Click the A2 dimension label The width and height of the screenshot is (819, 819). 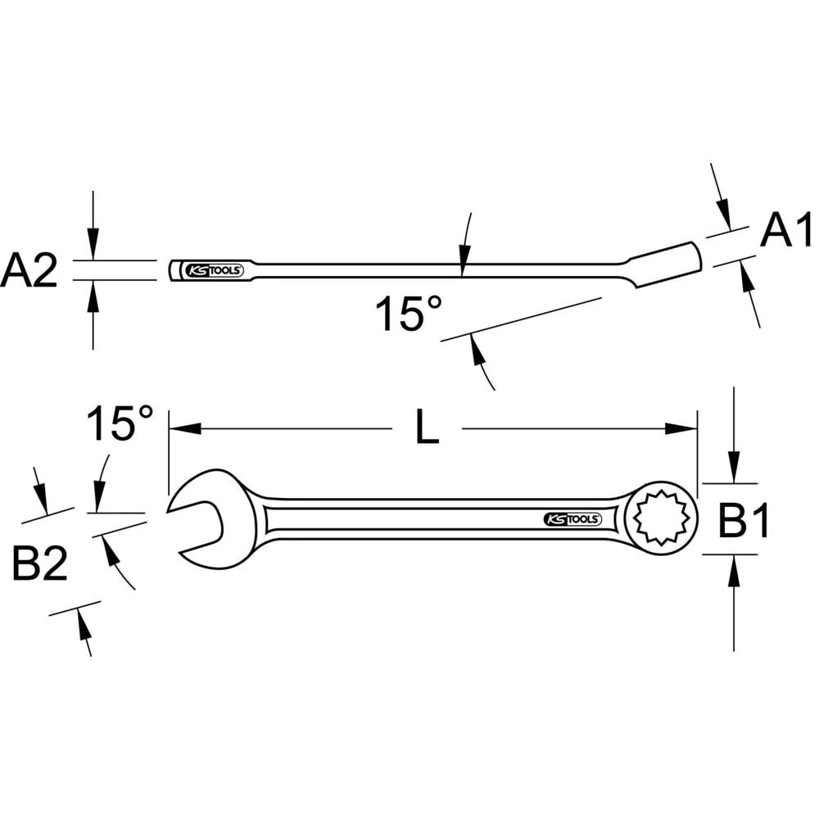29,270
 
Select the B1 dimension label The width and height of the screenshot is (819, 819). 744,521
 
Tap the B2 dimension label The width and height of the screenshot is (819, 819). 39,564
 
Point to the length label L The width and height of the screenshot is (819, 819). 427,429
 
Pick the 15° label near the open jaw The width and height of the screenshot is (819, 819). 120,424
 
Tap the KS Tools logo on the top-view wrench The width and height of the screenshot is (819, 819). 572,519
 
